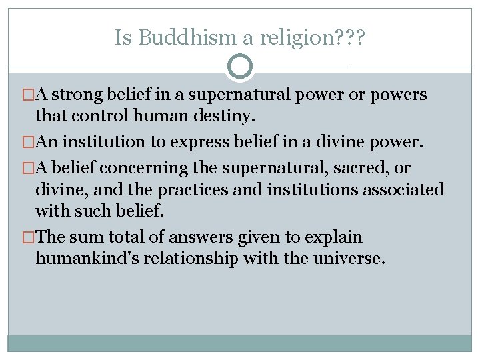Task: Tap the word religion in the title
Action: coord(293,38)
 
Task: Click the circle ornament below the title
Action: coord(240,67)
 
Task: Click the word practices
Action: coord(189,189)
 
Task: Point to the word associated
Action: coord(403,189)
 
